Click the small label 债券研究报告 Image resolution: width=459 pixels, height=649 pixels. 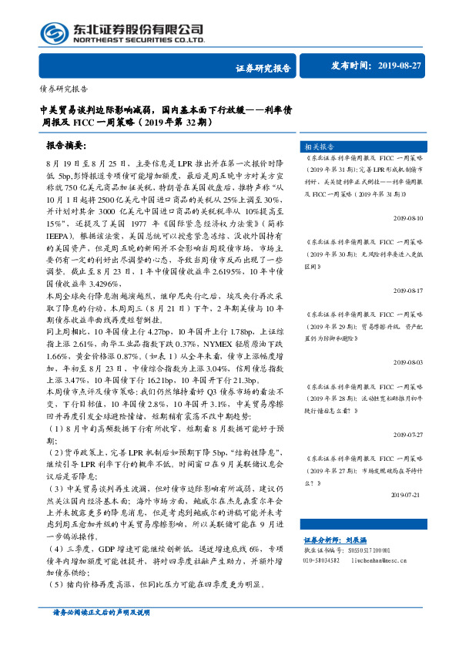pyautogui.click(x=63, y=88)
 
